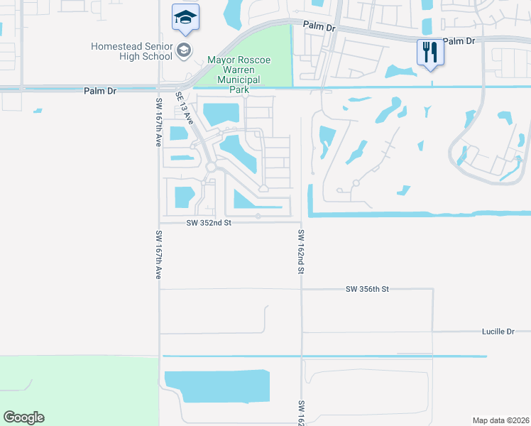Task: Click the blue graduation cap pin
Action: click(185, 18)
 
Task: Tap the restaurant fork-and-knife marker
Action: click(429, 53)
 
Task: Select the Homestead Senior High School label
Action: click(133, 51)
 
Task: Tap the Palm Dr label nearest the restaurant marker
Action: click(458, 42)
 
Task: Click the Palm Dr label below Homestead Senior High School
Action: click(99, 91)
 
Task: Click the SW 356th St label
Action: click(368, 289)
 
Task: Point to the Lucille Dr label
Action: click(497, 332)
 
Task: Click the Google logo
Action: click(23, 417)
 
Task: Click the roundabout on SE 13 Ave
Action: click(211, 167)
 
